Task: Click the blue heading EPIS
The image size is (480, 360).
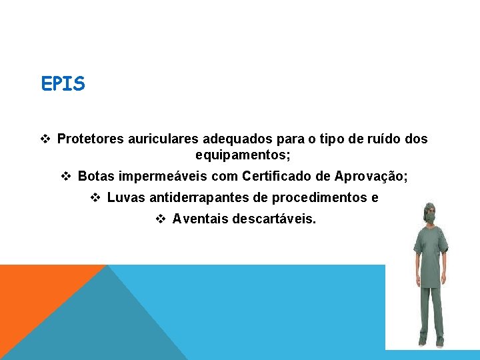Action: [x=63, y=85]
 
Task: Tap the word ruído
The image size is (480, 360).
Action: [x=385, y=139]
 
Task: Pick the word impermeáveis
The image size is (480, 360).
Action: [x=161, y=176]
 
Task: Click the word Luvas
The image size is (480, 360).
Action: [x=125, y=197]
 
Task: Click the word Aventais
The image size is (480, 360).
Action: [x=199, y=219]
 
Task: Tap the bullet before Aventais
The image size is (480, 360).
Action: [x=161, y=219]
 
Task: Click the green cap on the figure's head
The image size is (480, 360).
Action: [x=429, y=207]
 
